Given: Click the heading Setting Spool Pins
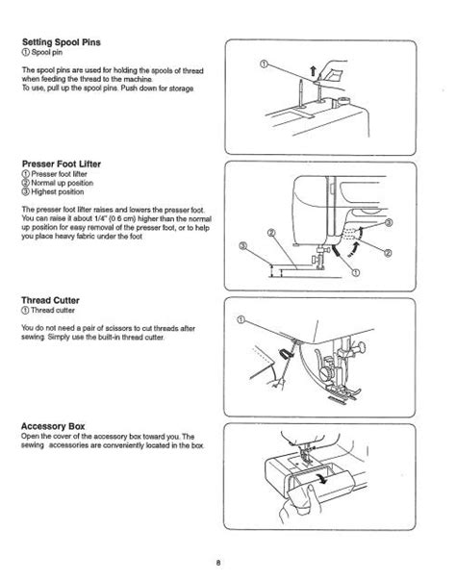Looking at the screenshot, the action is (61, 42).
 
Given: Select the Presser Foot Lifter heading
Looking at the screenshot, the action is (61, 164).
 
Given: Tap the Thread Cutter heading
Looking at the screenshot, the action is (50, 300).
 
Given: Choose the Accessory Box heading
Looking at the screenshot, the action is (53, 426).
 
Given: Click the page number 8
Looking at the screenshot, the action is (218, 563).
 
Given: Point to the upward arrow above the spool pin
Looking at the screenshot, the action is (313, 70).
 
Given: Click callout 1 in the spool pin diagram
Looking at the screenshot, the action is (264, 64).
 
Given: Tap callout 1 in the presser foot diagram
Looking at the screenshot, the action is (356, 272).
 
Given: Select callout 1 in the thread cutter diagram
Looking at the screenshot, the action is (241, 319).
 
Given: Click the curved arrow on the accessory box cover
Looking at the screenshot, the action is (320, 479).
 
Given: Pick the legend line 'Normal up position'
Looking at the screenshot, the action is (58, 183).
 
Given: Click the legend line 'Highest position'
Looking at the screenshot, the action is (53, 192).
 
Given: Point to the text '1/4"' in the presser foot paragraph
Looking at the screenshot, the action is (97, 218).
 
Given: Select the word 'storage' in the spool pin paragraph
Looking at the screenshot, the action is (182, 88).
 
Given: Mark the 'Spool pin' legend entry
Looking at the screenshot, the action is (42, 53).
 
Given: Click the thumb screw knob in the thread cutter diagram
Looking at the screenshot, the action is (360, 347).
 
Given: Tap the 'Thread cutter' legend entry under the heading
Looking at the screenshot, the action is (48, 311).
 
